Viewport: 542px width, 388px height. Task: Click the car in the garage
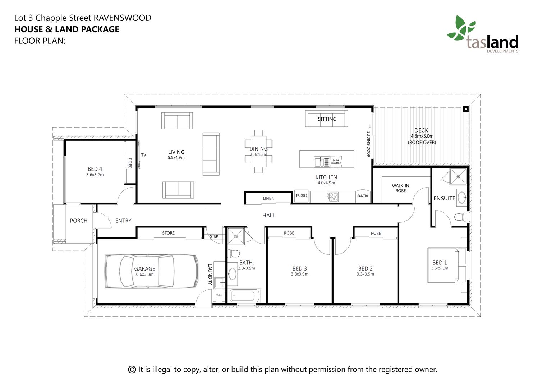[152, 271]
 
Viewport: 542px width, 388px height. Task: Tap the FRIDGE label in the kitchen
[301, 195]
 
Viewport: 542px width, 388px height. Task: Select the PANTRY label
[363, 196]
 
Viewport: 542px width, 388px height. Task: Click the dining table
[258, 151]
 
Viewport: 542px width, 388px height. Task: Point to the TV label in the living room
[144, 155]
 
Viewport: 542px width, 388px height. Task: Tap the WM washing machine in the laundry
[219, 295]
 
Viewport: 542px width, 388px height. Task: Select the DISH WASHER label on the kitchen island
[336, 162]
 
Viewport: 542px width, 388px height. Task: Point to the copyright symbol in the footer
[132, 369]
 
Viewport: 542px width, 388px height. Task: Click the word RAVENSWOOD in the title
[123, 18]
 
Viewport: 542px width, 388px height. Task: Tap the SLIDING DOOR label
[368, 144]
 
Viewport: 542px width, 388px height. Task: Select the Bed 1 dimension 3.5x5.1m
[440, 268]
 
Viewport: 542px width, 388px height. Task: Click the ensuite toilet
[461, 217]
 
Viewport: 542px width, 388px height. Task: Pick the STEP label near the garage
[214, 236]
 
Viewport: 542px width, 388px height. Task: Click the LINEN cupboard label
[268, 198]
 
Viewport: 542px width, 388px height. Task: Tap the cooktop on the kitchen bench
[332, 197]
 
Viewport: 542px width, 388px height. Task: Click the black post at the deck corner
[466, 109]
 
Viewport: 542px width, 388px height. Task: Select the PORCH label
[79, 221]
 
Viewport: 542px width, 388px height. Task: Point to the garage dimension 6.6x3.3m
[145, 274]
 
